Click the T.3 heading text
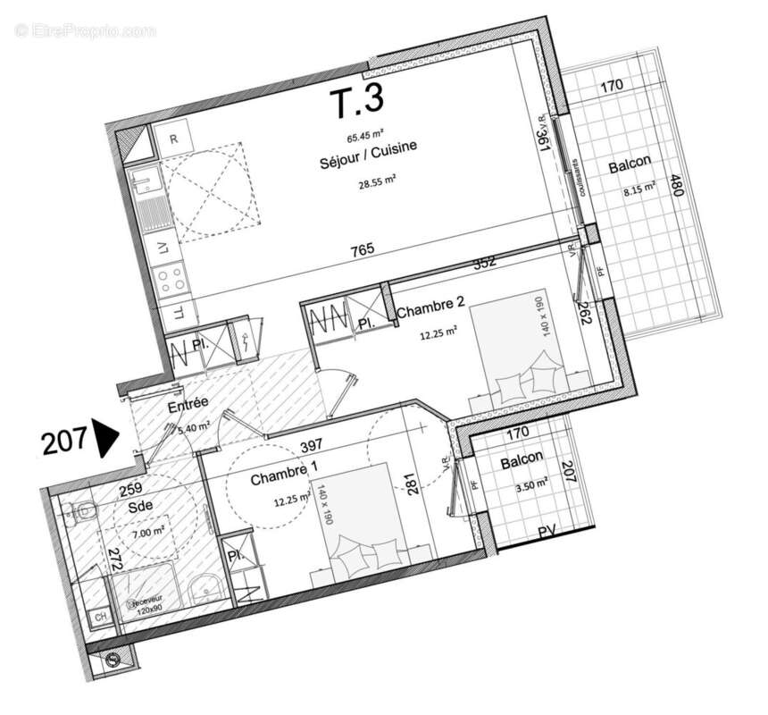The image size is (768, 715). click(x=356, y=105)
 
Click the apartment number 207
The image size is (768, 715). click(x=64, y=441)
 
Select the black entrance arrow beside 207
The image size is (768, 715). click(x=106, y=440)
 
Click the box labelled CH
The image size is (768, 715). click(x=101, y=617)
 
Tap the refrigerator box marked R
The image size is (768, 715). click(x=173, y=139)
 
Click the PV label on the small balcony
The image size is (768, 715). click(x=548, y=534)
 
